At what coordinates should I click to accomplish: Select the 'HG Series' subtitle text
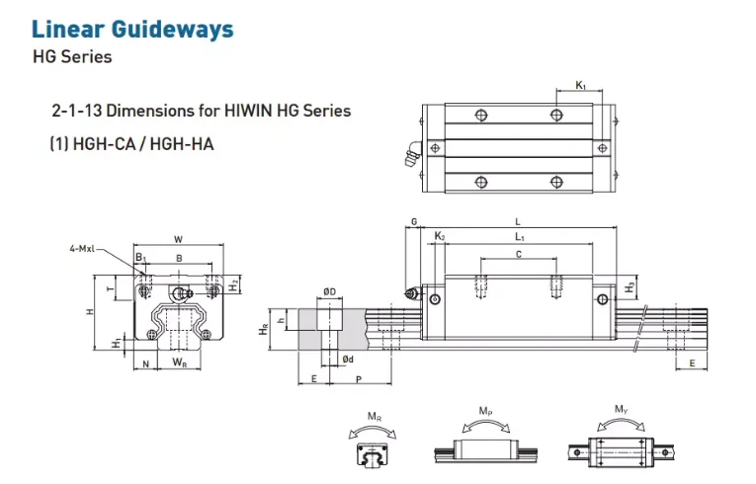tap(72, 56)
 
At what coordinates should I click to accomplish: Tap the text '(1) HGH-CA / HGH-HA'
tap(131, 144)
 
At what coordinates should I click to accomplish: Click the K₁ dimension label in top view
tap(581, 87)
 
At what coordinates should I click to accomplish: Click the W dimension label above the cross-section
tap(178, 239)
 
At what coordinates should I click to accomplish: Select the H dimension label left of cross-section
tap(88, 312)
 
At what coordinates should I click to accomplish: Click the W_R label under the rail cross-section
tap(180, 363)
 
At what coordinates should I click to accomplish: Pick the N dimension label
tap(145, 363)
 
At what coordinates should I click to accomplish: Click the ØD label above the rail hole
tap(329, 290)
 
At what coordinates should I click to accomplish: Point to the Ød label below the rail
tap(347, 358)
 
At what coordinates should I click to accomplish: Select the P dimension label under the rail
tap(358, 378)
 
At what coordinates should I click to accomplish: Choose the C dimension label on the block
tap(518, 254)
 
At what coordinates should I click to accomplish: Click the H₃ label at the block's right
tap(630, 286)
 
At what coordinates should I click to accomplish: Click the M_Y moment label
tap(621, 409)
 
